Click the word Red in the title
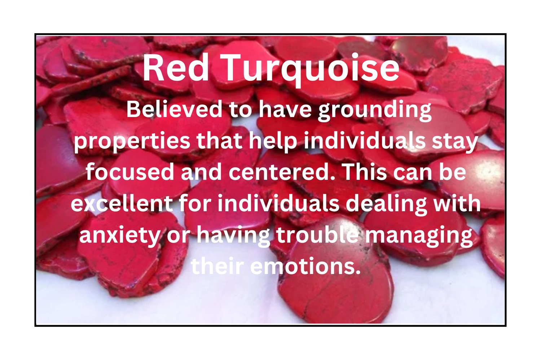176,68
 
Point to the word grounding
374,111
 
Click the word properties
132,143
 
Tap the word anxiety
120,236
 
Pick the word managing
418,236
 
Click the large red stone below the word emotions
336,297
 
